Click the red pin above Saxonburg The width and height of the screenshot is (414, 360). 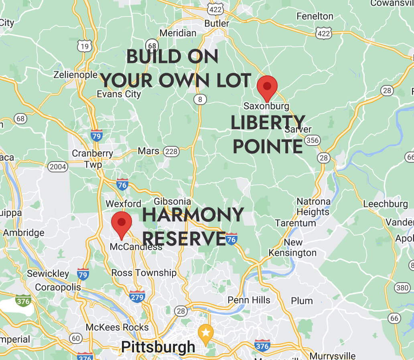267,87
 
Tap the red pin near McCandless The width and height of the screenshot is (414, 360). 122,223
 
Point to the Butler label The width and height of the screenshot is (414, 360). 217,23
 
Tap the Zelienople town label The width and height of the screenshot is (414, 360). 75,75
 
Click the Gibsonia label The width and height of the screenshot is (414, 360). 172,202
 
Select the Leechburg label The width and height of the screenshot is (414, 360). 385,204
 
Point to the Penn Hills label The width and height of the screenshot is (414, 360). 249,300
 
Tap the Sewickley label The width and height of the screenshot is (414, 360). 48,274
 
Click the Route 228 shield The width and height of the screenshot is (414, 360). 171,151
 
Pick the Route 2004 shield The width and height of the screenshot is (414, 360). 58,167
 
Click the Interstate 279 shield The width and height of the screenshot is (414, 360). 137,296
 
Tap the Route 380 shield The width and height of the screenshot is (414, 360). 402,287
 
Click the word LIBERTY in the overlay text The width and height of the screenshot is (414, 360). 268,122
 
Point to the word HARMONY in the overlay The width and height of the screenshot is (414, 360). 193,215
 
